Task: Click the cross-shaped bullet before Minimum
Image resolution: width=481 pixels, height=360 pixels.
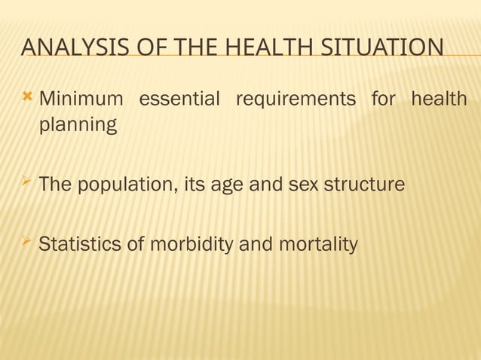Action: coord(29,97)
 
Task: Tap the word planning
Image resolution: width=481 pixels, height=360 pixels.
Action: coord(78,125)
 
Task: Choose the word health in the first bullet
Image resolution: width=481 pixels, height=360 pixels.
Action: coord(438,99)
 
